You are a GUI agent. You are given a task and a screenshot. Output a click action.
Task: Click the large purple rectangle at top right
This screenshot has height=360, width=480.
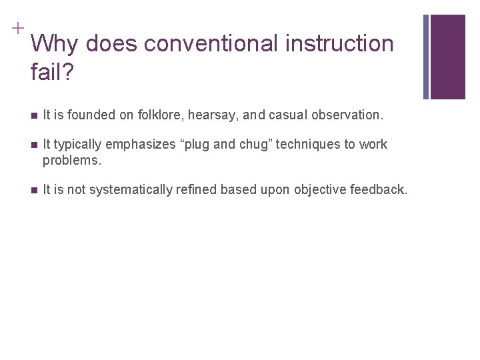click(x=447, y=57)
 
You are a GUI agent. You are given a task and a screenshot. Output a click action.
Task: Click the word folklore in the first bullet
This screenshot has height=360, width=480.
click(x=160, y=115)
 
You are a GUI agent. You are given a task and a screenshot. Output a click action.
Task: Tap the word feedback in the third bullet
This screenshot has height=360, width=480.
click(x=377, y=190)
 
